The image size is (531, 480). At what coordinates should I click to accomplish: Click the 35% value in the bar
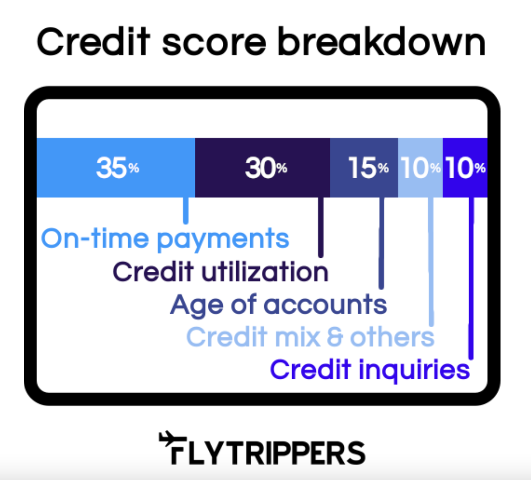pos(118,168)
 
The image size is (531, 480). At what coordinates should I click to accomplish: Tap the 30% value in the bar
pos(266,168)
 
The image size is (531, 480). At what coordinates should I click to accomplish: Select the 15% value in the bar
pos(368,168)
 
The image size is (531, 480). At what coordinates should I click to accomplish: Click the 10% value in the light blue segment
pos(420,168)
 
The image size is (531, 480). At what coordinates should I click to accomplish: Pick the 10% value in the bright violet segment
pos(466,168)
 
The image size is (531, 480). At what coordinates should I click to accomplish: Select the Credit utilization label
pos(221,272)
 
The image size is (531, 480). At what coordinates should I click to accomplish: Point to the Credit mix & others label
pos(310,337)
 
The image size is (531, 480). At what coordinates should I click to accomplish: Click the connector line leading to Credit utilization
pos(321,227)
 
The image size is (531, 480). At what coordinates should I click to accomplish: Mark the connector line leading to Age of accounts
pos(382,243)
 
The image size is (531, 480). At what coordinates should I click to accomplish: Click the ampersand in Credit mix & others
pos(335,337)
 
